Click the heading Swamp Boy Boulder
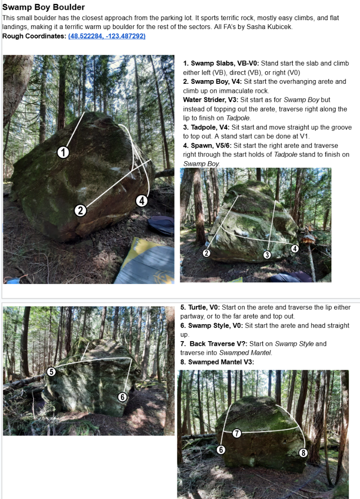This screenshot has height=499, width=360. pyautogui.click(x=44, y=7)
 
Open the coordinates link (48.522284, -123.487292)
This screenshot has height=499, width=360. pyautogui.click(x=107, y=36)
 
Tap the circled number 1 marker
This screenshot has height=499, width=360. pyautogui.click(x=63, y=152)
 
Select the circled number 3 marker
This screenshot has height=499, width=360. pyautogui.click(x=267, y=254)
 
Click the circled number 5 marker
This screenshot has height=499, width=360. pyautogui.click(x=51, y=372)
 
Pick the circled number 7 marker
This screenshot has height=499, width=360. pyautogui.click(x=236, y=433)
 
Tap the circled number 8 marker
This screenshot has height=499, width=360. pyautogui.click(x=303, y=452)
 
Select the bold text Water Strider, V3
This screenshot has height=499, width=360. pyautogui.click(x=211, y=100)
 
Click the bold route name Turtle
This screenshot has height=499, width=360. pyautogui.click(x=197, y=307)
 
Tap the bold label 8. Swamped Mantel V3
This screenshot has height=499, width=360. pyautogui.click(x=217, y=362)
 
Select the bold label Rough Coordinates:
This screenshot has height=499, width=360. pyautogui.click(x=34, y=36)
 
